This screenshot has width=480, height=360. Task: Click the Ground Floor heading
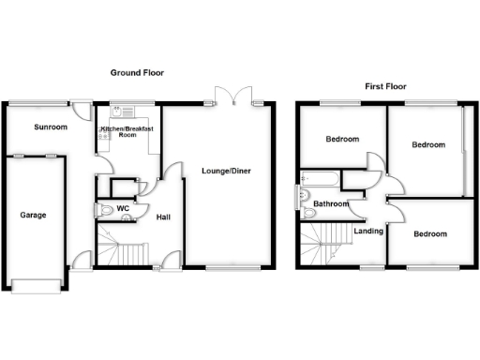[138, 72]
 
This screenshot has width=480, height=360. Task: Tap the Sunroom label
[51, 127]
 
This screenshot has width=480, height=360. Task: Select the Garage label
[34, 215]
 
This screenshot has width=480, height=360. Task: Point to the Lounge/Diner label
[225, 171]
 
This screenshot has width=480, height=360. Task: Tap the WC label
[122, 207]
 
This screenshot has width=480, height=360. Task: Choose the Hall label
[163, 217]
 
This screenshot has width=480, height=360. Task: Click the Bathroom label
[331, 203]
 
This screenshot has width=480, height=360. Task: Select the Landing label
[367, 230]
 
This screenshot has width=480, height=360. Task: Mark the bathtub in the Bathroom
[320, 177]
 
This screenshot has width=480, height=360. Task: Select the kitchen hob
[103, 134]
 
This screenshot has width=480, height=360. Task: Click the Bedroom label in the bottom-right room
[429, 233]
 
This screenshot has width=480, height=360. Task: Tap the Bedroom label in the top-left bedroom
[342, 140]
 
